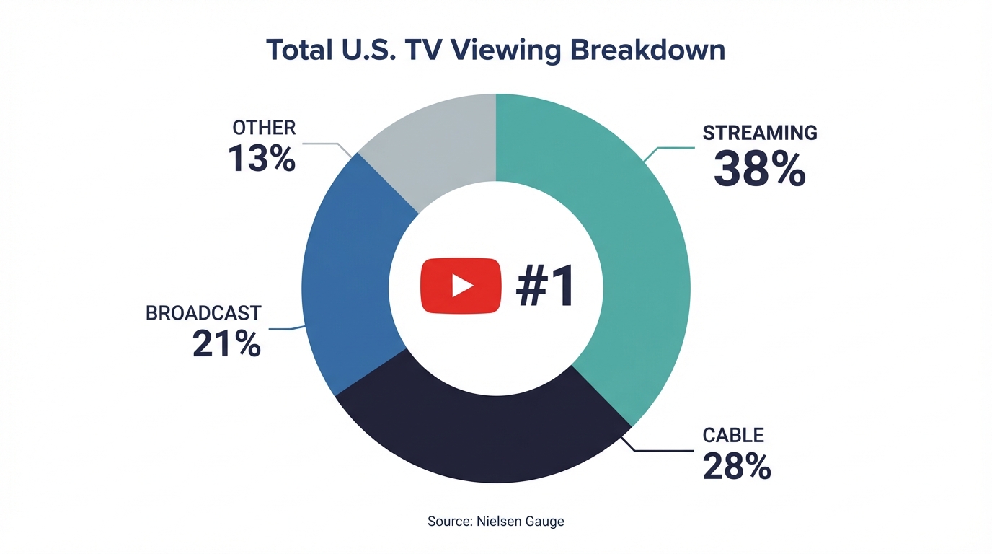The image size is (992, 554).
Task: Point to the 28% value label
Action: click(x=736, y=466)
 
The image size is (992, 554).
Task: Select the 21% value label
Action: click(x=226, y=344)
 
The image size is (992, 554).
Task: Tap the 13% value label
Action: click(x=262, y=158)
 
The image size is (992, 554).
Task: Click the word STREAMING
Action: click(x=760, y=133)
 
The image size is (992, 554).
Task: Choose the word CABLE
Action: click(x=732, y=435)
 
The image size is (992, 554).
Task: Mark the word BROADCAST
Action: click(x=203, y=313)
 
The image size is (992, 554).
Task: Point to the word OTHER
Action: click(x=264, y=128)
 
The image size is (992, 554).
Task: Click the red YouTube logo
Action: click(x=461, y=286)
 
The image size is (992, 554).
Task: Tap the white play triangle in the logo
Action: click(x=461, y=286)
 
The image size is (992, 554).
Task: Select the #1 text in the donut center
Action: click(x=545, y=286)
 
